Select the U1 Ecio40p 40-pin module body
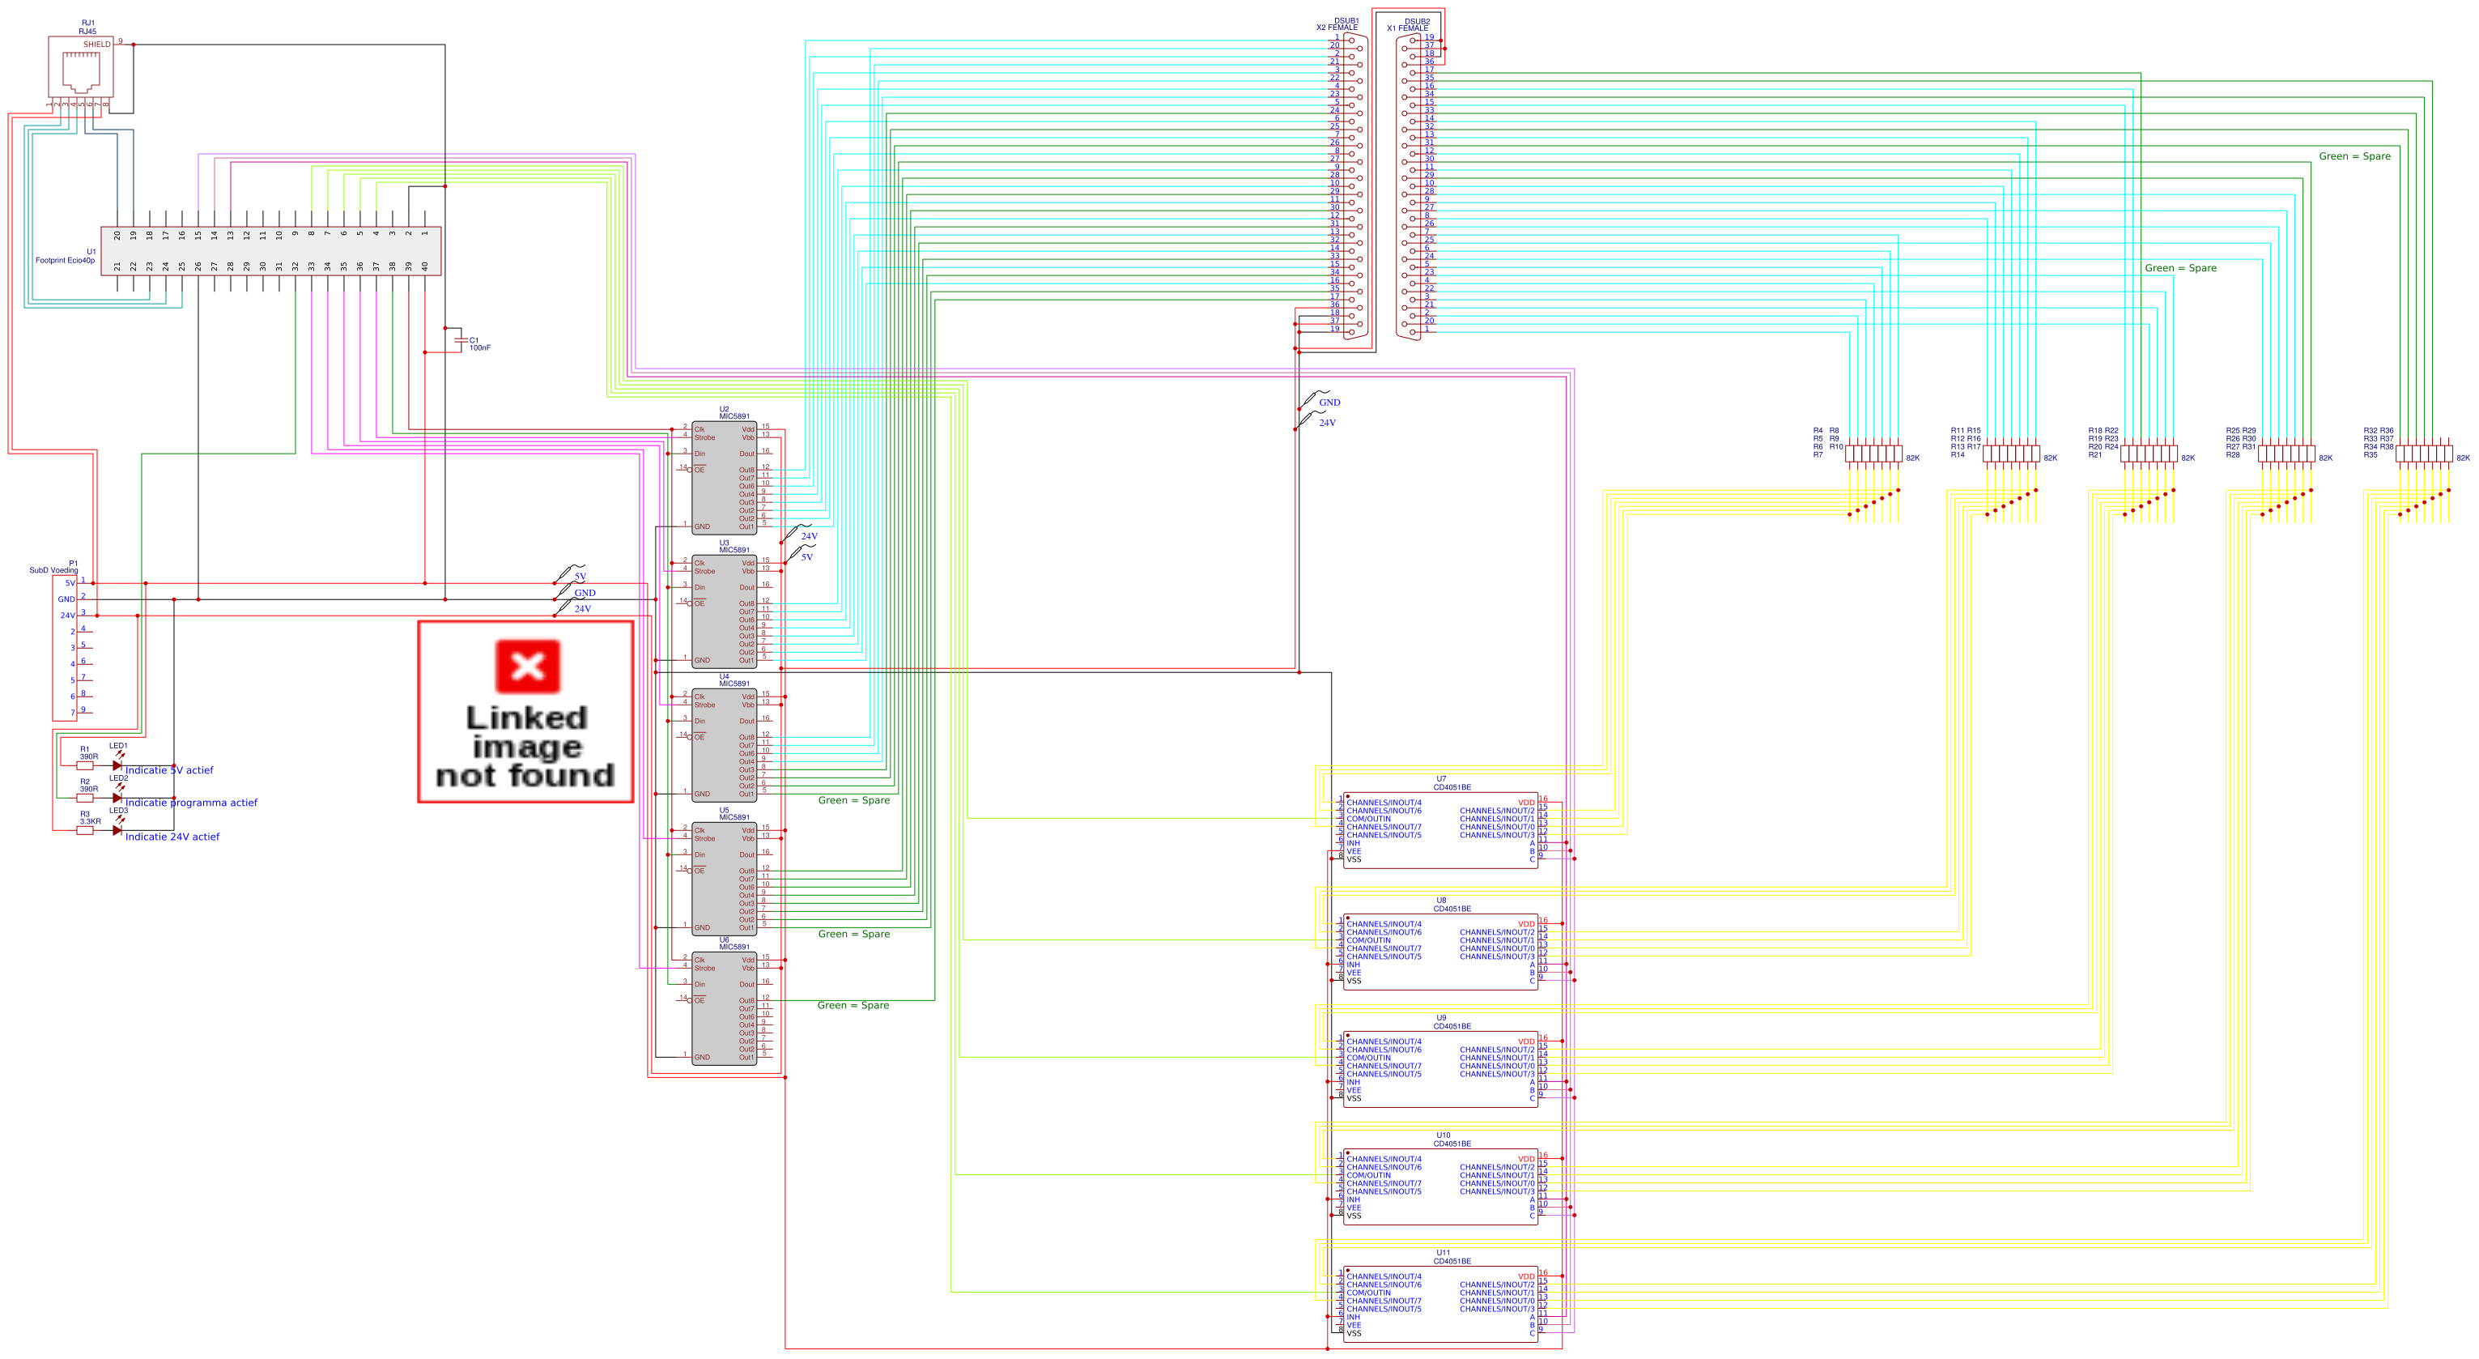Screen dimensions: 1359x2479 point(270,250)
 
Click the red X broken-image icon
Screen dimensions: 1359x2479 point(526,666)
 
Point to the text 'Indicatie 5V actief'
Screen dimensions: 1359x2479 point(169,770)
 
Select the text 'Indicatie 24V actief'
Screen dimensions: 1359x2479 point(172,837)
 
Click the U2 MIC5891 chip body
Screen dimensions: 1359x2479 point(724,477)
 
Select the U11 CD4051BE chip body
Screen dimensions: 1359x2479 point(1439,1304)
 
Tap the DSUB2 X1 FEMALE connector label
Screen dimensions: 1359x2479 point(1410,24)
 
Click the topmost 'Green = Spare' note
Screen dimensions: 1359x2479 point(2354,156)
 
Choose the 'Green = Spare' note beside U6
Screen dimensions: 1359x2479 point(853,1005)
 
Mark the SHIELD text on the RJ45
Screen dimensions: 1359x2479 point(96,45)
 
